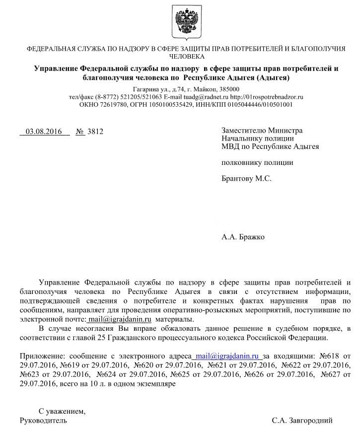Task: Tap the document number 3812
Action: pos(95,132)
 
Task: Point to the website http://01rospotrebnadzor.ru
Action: pos(267,97)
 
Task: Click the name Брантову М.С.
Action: pos(246,178)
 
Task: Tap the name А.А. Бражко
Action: pos(243,237)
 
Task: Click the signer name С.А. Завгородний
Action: pos(302,421)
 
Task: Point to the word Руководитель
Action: pos(43,421)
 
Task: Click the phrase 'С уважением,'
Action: pos(62,411)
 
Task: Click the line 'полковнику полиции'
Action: pos(257,162)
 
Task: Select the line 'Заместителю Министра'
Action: pos(262,131)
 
